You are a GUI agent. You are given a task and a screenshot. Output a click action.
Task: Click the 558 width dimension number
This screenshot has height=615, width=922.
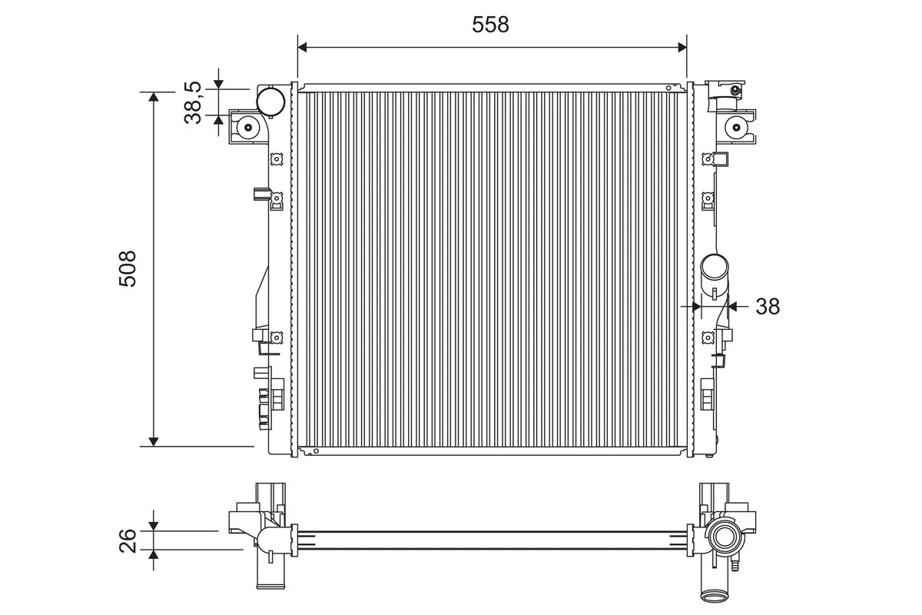490,25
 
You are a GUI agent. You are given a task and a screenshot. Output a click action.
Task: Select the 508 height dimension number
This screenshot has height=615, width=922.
128,268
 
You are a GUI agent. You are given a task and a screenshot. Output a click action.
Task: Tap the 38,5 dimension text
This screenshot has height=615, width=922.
193,103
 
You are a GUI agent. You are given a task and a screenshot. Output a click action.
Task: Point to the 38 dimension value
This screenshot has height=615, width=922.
767,306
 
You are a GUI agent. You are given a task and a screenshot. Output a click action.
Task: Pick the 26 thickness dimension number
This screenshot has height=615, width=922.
128,540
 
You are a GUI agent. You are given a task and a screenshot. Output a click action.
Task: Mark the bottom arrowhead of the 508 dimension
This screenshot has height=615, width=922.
154,440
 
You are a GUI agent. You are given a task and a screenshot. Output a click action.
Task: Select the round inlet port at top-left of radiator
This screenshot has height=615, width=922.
270,101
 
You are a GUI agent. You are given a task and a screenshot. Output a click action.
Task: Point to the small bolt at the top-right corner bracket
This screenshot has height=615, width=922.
735,91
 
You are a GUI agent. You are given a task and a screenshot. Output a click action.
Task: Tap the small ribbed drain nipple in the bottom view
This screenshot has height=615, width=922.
735,567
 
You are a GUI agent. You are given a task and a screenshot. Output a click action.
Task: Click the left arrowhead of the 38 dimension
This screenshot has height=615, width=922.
697,306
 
